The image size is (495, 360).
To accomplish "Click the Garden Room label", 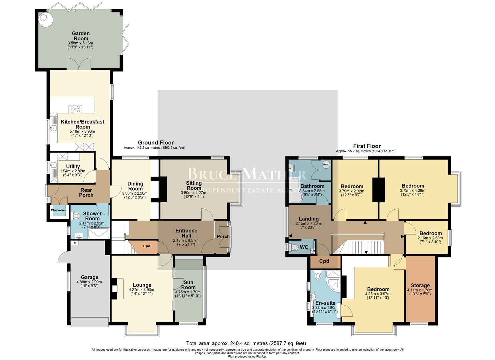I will point(81,36).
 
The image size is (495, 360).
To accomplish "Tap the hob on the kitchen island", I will point(75,109).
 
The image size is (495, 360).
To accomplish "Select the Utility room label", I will point(73,166).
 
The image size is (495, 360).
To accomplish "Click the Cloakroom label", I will point(58,210).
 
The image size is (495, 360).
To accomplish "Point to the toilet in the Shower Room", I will point(75,216).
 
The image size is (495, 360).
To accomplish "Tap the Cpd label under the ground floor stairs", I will point(147,246).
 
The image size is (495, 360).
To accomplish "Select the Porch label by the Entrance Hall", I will point(223,236).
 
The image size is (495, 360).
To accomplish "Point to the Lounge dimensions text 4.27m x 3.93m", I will point(141,290).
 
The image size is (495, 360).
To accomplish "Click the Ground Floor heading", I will point(156,143).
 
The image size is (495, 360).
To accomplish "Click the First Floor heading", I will point(367,146).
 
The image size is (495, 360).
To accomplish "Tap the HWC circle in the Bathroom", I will point(325,165).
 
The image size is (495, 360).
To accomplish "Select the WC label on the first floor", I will point(304,247).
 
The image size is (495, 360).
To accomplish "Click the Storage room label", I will point(420,285).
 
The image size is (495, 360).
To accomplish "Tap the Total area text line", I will point(246,343).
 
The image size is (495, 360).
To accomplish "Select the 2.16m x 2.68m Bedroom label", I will point(430,233).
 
